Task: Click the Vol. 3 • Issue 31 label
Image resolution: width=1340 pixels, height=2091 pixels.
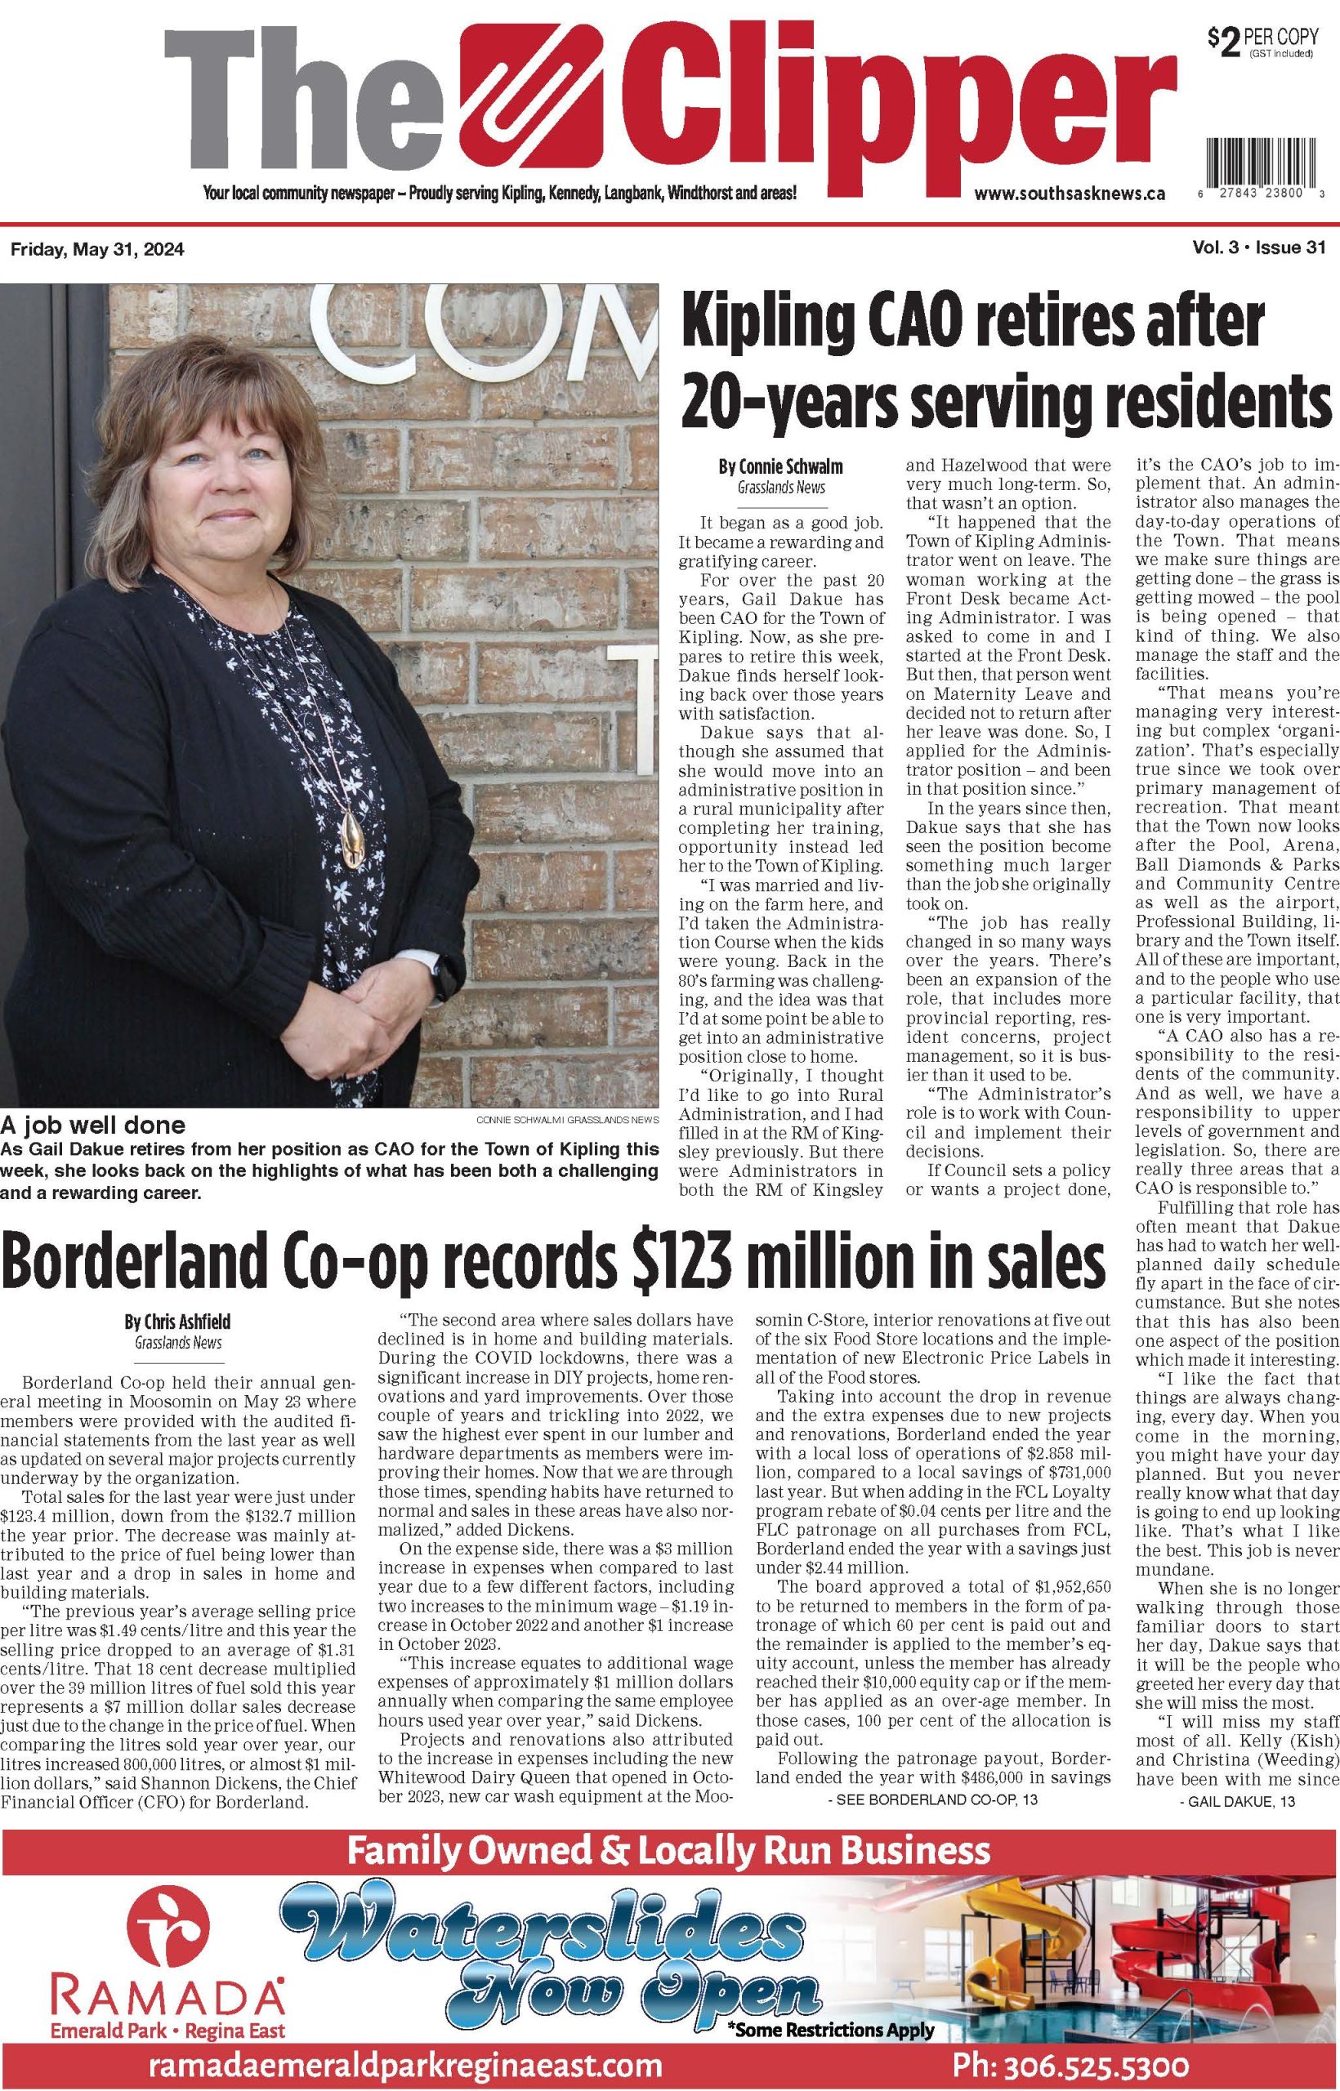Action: (x=1258, y=250)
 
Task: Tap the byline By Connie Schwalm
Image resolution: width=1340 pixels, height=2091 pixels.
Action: (x=780, y=467)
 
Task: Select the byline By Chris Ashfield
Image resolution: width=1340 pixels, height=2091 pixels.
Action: (x=177, y=1322)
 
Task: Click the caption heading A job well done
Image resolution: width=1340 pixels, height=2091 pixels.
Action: (x=92, y=1124)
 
